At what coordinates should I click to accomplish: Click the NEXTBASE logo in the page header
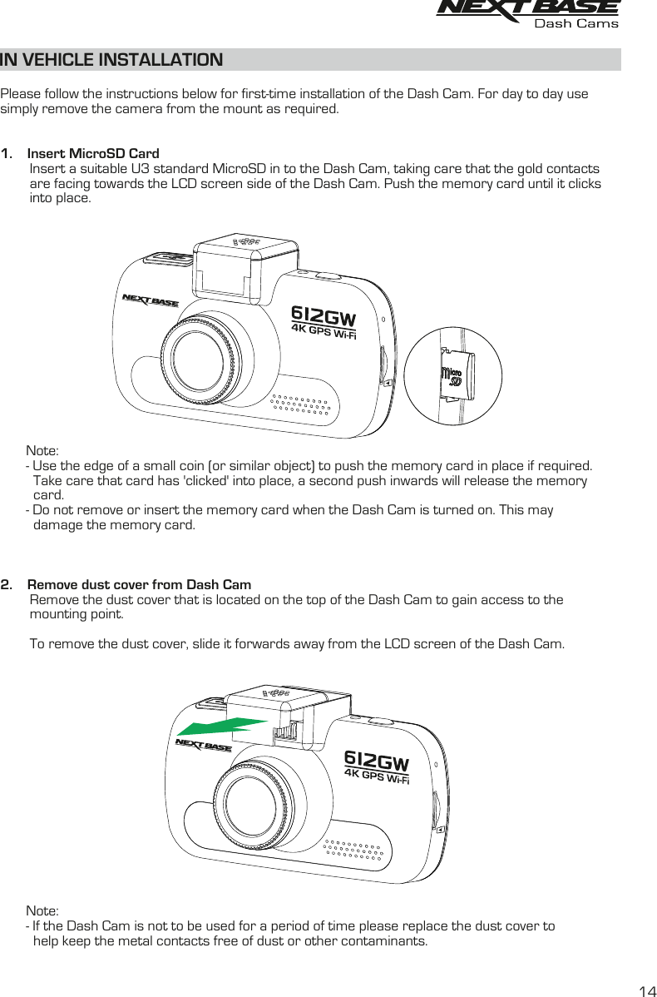(527, 8)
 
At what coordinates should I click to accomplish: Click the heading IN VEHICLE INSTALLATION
(111, 60)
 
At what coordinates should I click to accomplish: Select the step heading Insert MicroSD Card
(93, 154)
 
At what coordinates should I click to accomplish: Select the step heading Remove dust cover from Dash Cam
(139, 584)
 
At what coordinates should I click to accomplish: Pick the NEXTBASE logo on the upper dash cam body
(151, 300)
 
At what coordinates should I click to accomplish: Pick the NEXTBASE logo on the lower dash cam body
(204, 745)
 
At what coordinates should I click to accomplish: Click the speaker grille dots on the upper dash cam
(305, 403)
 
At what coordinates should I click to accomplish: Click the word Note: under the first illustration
(42, 450)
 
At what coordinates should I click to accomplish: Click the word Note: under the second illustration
(42, 911)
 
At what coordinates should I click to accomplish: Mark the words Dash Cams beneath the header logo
(575, 23)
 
